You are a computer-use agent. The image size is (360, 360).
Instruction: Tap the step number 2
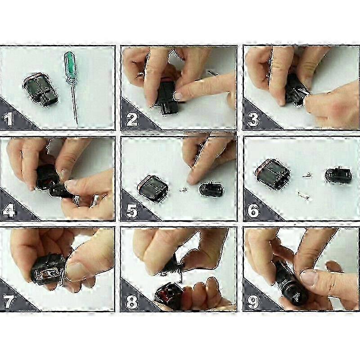pos(132,119)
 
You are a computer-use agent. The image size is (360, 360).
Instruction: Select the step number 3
pos(253,119)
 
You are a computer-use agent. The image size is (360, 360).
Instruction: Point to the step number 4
pos(9,210)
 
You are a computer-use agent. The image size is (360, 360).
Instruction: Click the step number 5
pos(132,210)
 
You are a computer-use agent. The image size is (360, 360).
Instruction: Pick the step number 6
pos(253,210)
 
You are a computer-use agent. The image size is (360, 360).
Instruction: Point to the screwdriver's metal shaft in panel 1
pos(75,103)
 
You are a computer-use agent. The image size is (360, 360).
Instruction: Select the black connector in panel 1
pos(40,90)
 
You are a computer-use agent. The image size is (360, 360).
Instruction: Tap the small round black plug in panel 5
pos(211,189)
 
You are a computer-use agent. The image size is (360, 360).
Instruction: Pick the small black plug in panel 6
pos(338,175)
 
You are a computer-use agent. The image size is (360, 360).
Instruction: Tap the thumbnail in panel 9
pos(309,277)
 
